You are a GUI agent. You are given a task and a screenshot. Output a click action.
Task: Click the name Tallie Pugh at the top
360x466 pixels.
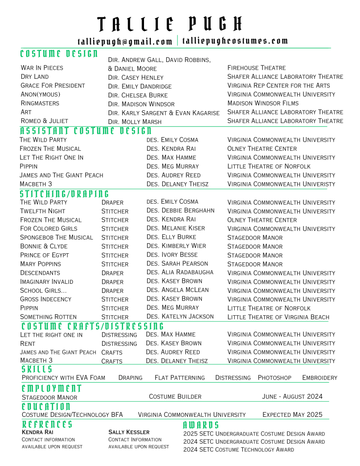click(170, 24)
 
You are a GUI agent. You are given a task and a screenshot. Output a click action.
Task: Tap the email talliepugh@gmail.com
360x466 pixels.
click(125, 41)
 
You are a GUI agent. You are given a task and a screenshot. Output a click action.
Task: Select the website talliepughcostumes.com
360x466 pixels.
click(235, 41)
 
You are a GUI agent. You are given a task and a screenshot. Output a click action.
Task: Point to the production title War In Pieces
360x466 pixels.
click(42, 68)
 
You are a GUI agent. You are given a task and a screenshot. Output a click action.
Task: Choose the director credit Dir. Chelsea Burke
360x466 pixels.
click(138, 95)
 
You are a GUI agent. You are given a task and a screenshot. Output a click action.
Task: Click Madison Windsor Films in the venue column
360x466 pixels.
click(263, 103)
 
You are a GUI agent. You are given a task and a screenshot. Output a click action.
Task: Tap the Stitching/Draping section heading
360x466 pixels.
click(65, 194)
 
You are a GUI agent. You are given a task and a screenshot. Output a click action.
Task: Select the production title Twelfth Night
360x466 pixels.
click(42, 211)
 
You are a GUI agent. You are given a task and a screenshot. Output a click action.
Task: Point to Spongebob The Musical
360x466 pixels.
click(57, 237)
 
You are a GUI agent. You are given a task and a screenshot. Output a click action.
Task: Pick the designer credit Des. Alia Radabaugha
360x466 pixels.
click(180, 272)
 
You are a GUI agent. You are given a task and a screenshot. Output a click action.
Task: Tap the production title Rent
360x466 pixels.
click(28, 343)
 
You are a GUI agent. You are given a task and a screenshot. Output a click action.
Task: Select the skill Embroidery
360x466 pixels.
click(319, 378)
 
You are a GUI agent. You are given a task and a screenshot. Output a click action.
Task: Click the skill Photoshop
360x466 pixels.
click(274, 378)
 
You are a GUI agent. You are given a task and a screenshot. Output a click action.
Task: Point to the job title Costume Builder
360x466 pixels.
click(175, 397)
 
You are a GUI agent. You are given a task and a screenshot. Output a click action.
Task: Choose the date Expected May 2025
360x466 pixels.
click(292, 415)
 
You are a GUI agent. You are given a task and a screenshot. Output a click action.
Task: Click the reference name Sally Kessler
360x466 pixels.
click(129, 432)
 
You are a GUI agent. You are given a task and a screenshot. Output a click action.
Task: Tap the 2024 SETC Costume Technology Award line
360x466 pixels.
click(238, 450)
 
